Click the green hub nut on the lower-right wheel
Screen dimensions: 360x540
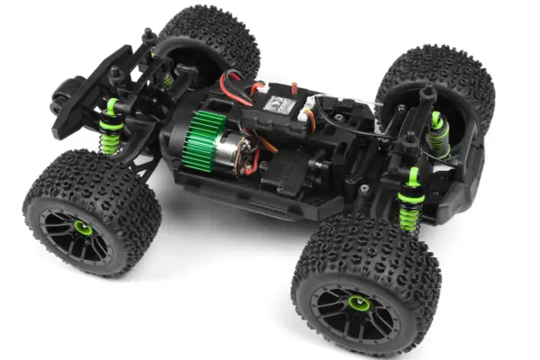point(358,305)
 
